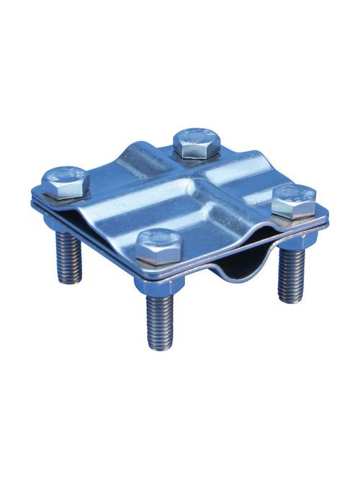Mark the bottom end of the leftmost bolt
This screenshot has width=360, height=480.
tap(71, 280)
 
